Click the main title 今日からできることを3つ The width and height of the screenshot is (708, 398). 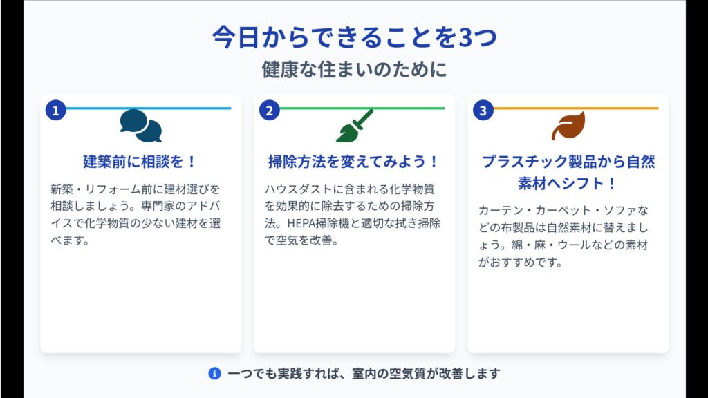tap(355, 37)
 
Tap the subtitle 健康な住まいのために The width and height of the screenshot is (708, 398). tap(355, 70)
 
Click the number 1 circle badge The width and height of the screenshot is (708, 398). tap(55, 110)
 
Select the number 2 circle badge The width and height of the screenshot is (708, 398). tap(269, 110)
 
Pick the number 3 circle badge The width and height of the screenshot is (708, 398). tap(483, 110)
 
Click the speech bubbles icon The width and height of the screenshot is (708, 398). tap(141, 126)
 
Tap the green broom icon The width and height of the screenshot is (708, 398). tap(355, 126)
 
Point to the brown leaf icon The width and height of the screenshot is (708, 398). tap(568, 126)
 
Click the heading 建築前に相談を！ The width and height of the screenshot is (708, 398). tap(140, 162)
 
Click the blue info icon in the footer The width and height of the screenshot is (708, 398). tap(214, 374)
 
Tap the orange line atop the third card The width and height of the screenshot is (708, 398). tap(576, 108)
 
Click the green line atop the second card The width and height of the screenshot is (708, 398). tap(362, 108)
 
